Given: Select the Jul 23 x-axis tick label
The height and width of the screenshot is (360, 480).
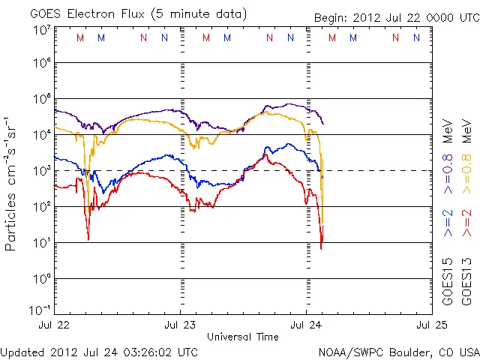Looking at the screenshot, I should coord(180,325).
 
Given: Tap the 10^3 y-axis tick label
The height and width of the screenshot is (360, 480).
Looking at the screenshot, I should coord(41,170).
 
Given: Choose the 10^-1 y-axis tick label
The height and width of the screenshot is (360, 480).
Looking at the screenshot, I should coord(40,310).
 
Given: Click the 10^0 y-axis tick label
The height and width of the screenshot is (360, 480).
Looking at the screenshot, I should coord(41,278).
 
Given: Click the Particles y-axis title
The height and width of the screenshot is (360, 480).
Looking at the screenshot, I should coord(12,183).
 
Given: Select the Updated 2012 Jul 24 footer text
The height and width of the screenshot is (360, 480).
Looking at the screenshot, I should coord(100,351).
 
